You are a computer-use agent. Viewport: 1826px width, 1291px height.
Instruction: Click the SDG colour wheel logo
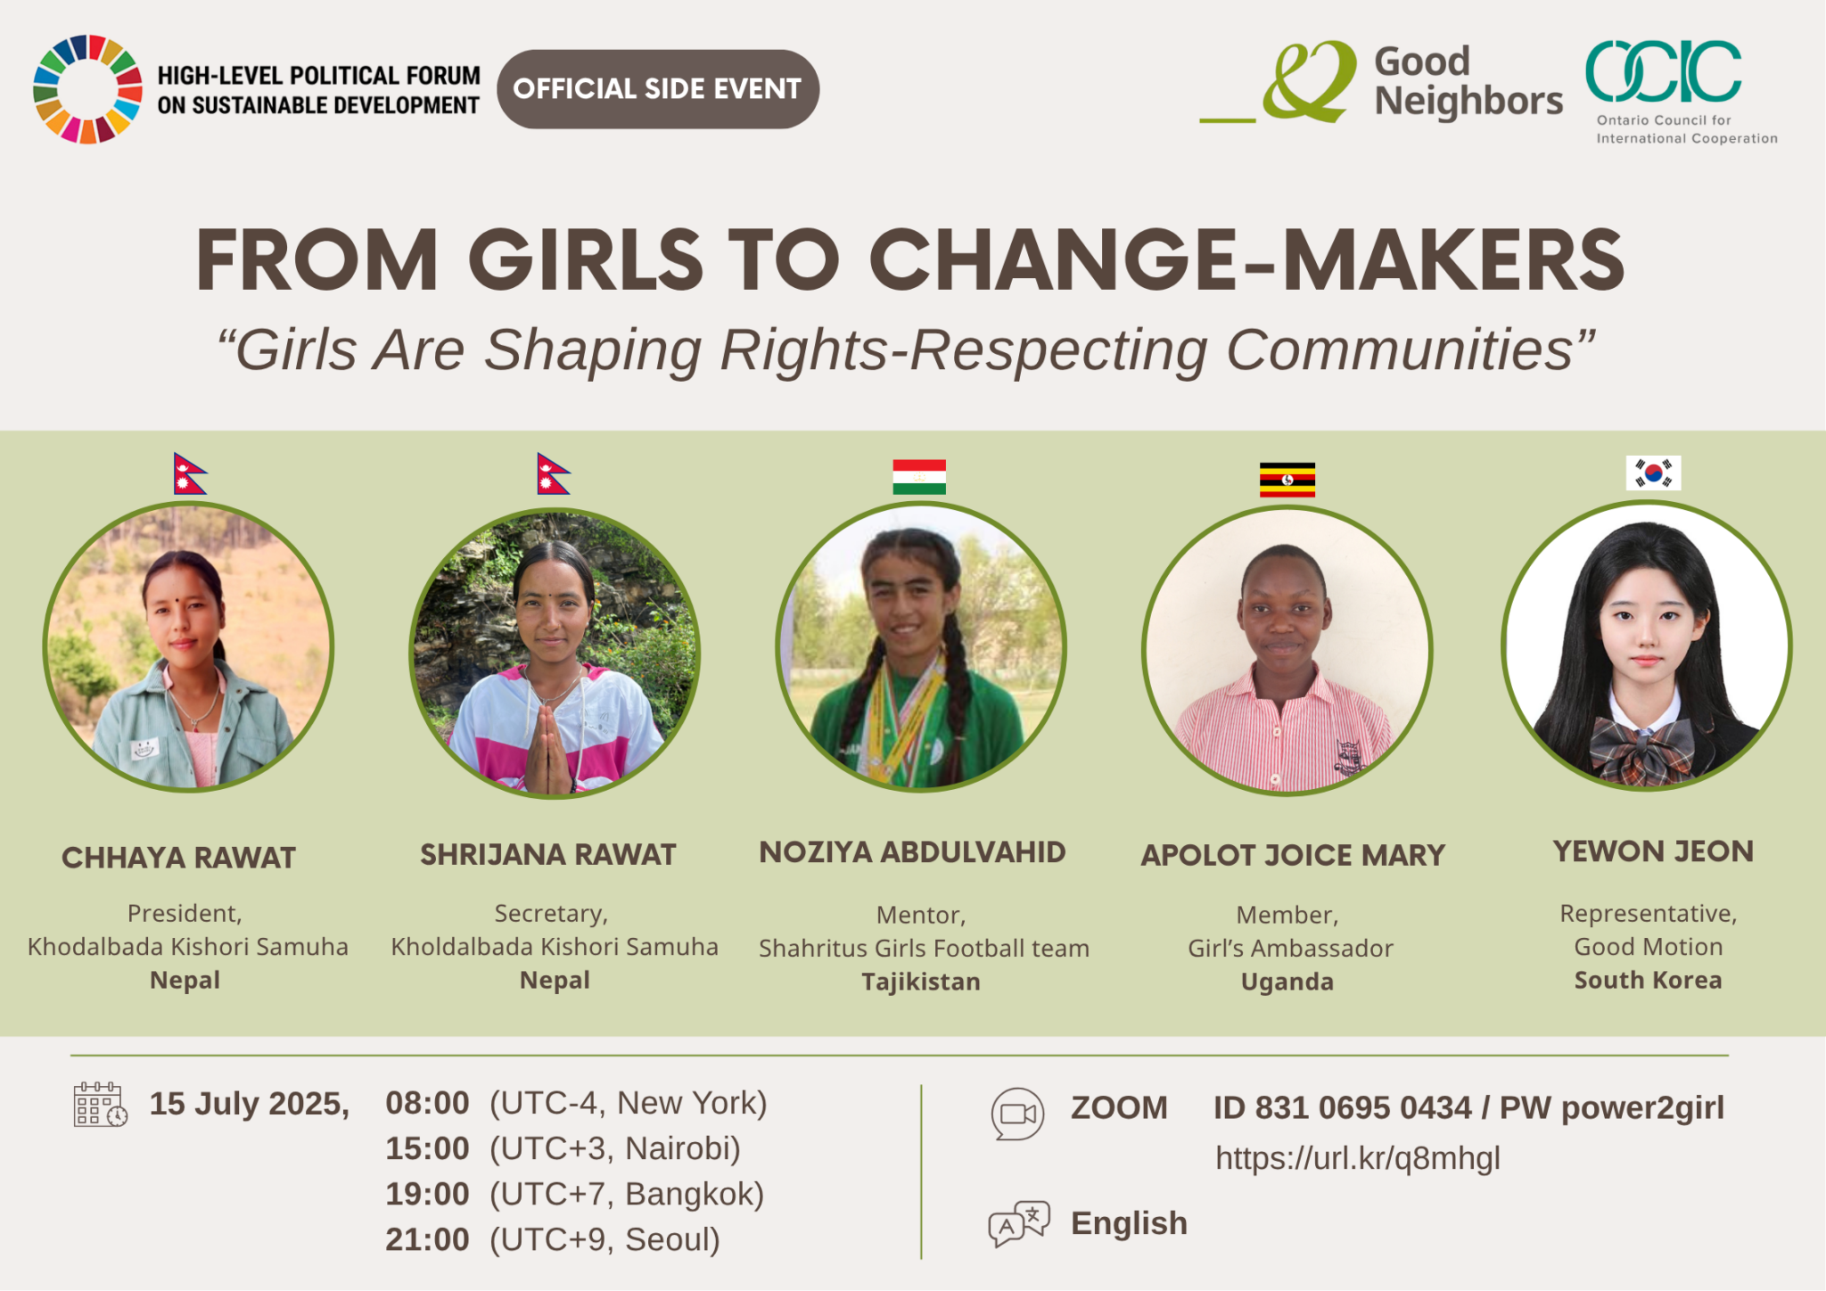tap(87, 89)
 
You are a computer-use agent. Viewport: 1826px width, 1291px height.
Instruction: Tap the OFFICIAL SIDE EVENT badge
tap(658, 89)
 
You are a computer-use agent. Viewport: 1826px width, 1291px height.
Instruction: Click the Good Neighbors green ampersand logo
tap(1309, 81)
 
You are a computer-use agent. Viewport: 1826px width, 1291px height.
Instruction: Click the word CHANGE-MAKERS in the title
tap(1246, 260)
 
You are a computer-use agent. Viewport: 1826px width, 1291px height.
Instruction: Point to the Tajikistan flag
tap(919, 477)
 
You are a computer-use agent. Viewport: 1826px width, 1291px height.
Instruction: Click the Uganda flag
tap(1287, 480)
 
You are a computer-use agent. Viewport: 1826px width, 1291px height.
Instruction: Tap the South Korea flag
tap(1653, 473)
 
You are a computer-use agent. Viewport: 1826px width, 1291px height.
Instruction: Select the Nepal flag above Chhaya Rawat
tap(189, 473)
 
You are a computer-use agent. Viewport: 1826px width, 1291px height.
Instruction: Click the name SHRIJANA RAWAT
tap(548, 854)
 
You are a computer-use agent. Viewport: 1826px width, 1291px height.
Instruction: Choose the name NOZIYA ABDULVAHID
tap(912, 851)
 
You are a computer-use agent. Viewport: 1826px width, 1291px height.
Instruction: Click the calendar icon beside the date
tap(100, 1105)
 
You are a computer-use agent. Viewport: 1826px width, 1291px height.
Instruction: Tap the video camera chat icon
tap(1017, 1114)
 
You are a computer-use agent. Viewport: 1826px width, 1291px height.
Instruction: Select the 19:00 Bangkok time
tap(575, 1194)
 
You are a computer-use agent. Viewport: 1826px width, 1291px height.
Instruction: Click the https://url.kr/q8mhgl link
tap(1358, 1158)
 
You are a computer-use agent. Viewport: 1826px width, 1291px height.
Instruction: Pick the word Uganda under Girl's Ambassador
tap(1287, 982)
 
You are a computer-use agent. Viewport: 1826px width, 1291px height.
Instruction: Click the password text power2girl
tap(1643, 1108)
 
